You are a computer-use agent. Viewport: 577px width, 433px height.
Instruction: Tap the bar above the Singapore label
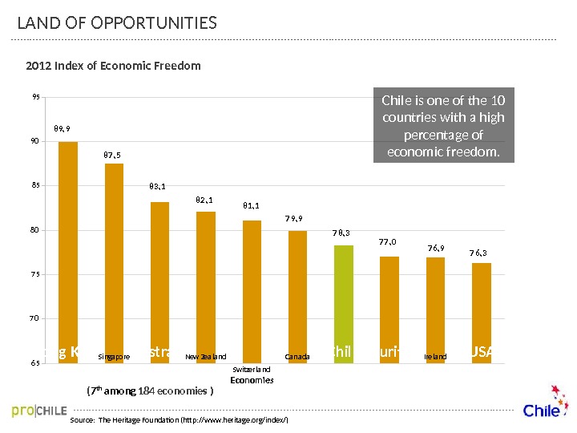(115, 257)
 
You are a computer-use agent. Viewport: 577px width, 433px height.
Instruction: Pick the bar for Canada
(297, 289)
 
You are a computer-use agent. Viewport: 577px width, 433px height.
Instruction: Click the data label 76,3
(478, 253)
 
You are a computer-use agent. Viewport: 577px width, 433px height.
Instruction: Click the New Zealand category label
(206, 356)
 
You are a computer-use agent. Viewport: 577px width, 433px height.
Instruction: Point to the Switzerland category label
(252, 369)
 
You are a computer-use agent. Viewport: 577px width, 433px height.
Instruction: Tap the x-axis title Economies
(252, 381)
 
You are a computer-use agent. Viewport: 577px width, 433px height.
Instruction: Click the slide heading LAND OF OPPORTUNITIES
(117, 22)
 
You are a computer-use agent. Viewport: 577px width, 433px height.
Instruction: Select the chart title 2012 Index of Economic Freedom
(113, 66)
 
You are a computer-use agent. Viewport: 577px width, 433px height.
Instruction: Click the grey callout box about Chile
(443, 126)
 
